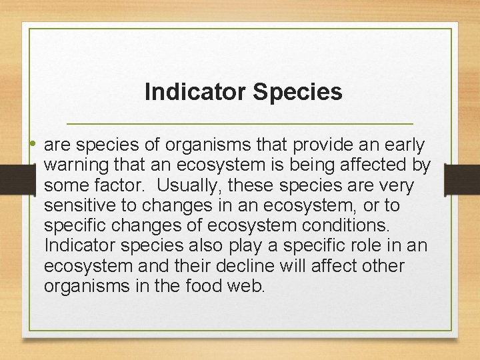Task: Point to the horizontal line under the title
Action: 241,125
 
